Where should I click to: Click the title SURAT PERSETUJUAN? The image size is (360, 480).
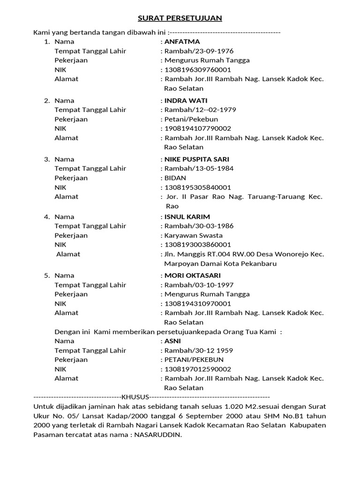click(180, 18)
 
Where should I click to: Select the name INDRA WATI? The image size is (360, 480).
click(186, 101)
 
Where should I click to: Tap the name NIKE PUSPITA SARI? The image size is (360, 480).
click(197, 159)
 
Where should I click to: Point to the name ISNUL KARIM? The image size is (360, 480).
click(187, 217)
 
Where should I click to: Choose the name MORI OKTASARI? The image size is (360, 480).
click(192, 276)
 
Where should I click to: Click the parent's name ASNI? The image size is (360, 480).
click(172, 341)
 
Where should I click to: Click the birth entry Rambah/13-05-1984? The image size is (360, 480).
click(199, 169)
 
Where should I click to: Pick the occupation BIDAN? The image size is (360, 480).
click(175, 178)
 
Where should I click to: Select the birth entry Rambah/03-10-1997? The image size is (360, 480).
click(199, 285)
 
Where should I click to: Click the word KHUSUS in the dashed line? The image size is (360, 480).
click(135, 397)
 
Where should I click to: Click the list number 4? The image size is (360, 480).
click(47, 217)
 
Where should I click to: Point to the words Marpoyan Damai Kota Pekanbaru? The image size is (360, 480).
click(220, 263)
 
